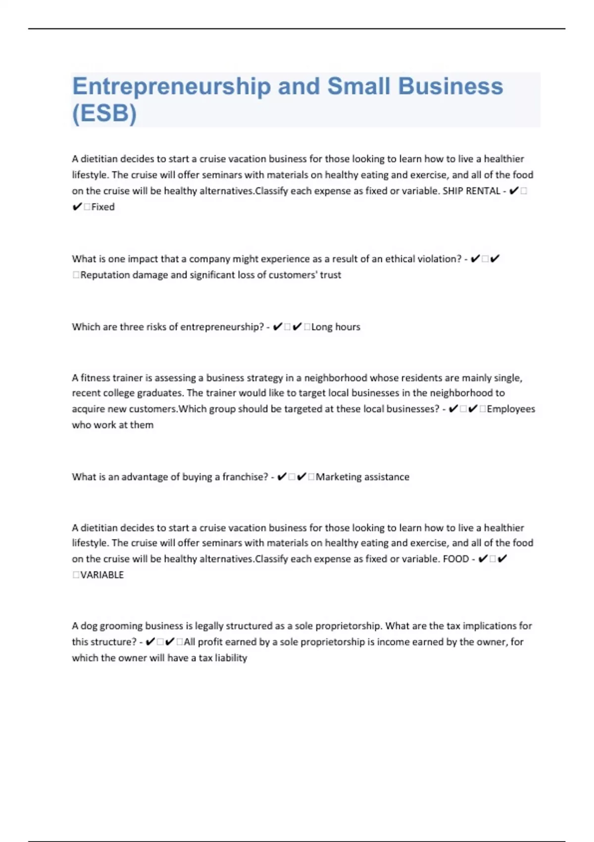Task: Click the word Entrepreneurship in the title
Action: [x=171, y=87]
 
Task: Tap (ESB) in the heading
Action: [x=104, y=113]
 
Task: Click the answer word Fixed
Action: [x=103, y=207]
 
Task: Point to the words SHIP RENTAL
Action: [x=471, y=191]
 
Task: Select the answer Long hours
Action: [x=336, y=327]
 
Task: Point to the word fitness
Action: [x=96, y=378]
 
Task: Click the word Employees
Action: [x=511, y=409]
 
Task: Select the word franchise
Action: [x=245, y=477]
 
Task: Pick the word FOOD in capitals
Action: [x=455, y=559]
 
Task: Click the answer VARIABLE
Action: [x=102, y=575]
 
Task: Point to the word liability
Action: [x=231, y=658]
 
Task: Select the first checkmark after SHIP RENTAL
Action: [x=514, y=191]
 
